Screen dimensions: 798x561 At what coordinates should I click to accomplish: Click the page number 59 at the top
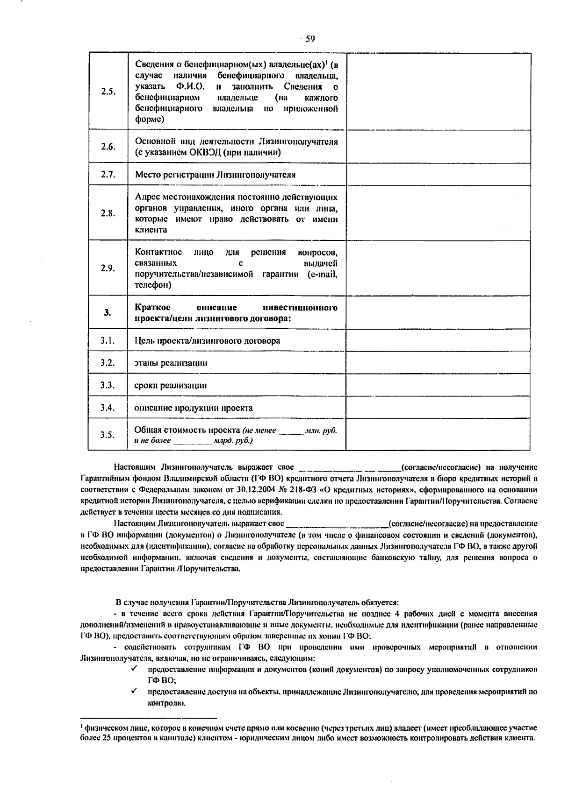coord(310,39)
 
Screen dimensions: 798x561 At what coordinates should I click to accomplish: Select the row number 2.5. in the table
coord(108,92)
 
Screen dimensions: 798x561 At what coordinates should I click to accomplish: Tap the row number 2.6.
coord(108,147)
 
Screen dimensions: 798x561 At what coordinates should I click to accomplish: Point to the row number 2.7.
coord(108,175)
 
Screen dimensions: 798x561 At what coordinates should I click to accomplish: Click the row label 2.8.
coord(108,213)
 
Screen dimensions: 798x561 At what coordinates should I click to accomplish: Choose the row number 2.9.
coord(108,268)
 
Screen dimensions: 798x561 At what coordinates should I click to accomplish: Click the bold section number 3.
coord(108,312)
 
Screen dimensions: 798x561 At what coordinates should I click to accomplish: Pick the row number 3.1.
coord(108,341)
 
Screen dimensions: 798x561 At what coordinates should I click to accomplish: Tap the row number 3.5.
coord(108,435)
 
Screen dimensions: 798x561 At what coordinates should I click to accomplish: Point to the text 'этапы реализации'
coord(171,363)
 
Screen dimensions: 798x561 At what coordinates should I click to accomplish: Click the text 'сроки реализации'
coord(171,386)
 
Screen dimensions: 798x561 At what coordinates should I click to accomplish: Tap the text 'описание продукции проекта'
coord(194,408)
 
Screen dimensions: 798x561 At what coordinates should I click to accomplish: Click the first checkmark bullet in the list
coord(134,669)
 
